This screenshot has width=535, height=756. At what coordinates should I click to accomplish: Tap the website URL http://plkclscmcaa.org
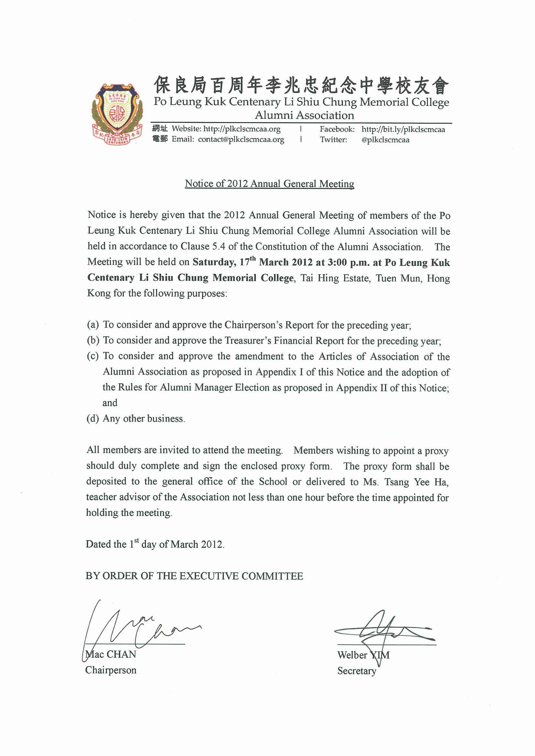242,129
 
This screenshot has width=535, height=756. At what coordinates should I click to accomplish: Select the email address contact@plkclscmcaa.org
241,139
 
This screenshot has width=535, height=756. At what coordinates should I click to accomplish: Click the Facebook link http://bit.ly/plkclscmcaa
403,130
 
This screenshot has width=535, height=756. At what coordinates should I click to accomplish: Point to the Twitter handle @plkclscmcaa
385,140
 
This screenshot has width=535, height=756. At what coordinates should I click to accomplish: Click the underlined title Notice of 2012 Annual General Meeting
269,184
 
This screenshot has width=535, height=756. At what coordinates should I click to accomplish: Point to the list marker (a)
93,325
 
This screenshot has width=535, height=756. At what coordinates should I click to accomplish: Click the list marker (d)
93,418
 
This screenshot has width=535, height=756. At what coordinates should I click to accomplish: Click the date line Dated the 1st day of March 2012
155,544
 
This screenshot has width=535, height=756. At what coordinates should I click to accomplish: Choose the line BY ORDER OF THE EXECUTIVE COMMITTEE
194,576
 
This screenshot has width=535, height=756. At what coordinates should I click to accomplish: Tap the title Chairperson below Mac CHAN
111,670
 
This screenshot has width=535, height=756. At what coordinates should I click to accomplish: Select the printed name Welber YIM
363,655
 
